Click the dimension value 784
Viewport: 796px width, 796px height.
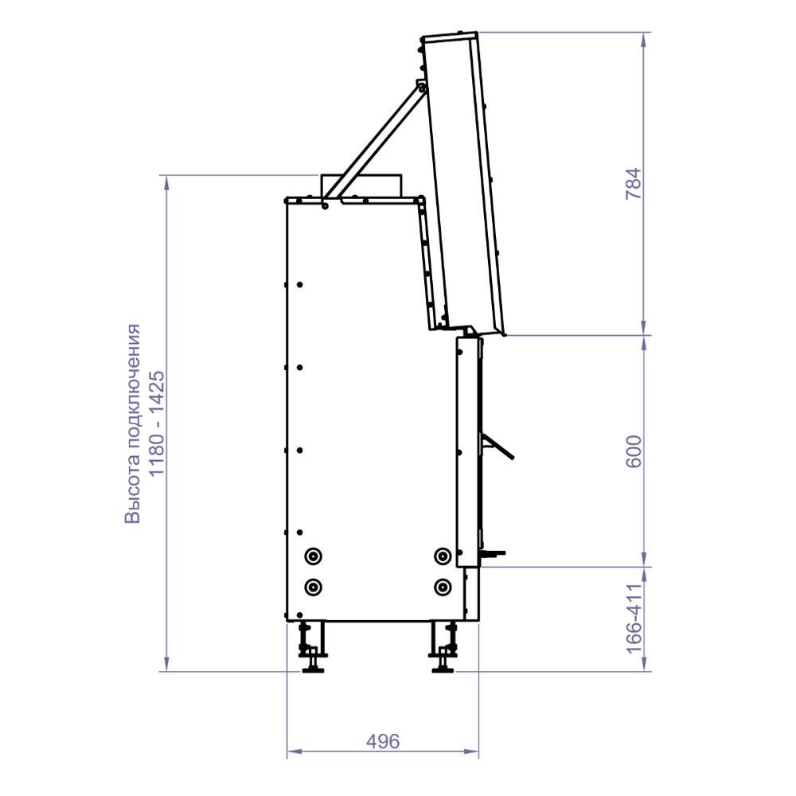(x=634, y=184)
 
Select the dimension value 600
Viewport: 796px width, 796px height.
(x=634, y=451)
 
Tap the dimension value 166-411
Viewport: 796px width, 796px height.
(x=634, y=618)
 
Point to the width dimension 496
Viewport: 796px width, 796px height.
(x=383, y=742)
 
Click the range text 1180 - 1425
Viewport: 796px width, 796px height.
(x=156, y=424)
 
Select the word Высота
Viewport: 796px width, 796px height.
(x=132, y=489)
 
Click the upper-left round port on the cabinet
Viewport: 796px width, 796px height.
(x=313, y=556)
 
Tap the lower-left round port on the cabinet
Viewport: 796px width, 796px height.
(x=313, y=587)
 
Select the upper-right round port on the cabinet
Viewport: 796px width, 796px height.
(x=443, y=556)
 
